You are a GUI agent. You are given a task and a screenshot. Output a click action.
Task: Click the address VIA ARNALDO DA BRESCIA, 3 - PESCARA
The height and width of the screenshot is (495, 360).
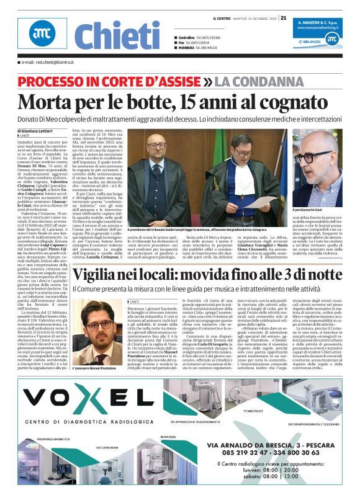point(268,446)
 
